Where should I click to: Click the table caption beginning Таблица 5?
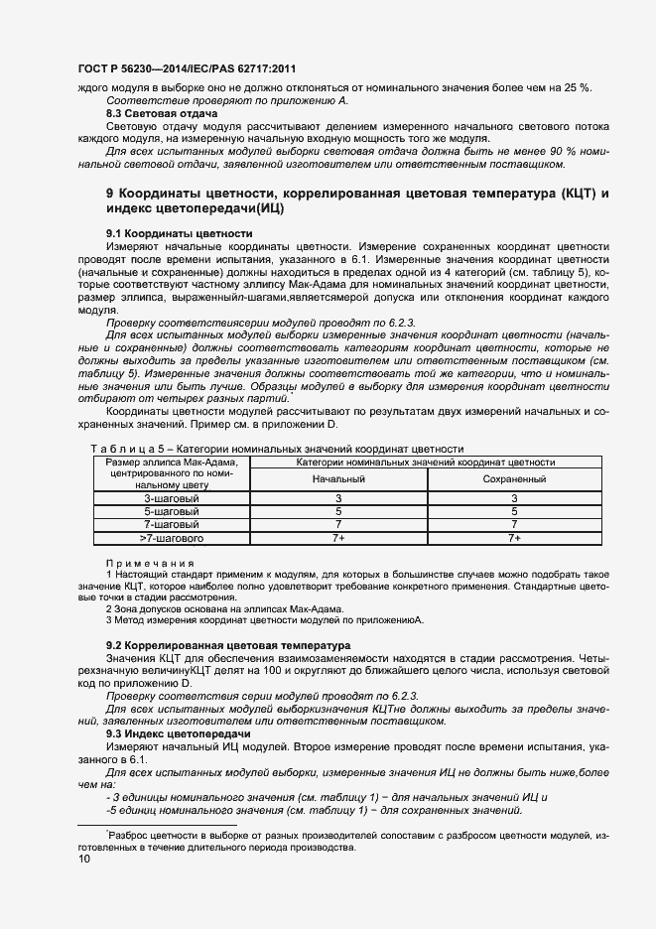[x=277, y=450]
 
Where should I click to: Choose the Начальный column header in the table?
[x=338, y=479]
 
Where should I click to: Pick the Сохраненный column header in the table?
[x=514, y=479]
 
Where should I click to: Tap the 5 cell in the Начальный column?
[x=338, y=511]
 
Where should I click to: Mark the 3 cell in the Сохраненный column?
[x=514, y=498]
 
